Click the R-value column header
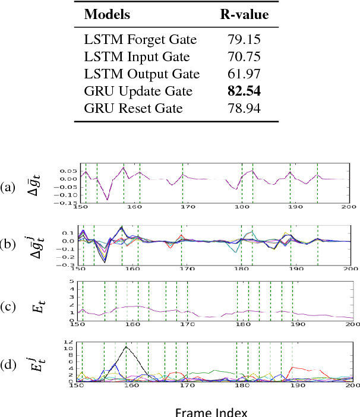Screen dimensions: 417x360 (x=242, y=15)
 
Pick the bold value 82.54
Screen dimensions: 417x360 (x=243, y=92)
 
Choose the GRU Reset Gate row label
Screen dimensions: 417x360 (x=130, y=109)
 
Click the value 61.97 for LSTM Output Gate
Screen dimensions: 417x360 (x=243, y=74)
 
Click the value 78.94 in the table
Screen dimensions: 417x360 (x=243, y=109)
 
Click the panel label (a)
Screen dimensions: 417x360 (x=9, y=187)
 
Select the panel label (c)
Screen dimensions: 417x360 (x=9, y=307)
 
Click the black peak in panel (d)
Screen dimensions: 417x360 (x=126, y=346)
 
